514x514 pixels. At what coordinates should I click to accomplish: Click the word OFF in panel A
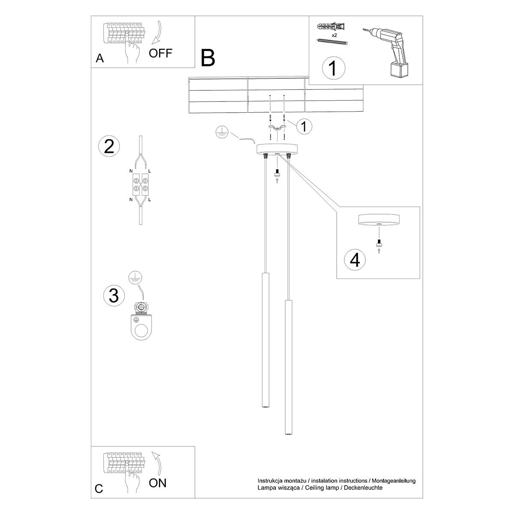pos(160,53)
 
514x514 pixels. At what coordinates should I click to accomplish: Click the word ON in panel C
pos(158,483)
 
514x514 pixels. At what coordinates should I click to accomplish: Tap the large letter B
pos(208,58)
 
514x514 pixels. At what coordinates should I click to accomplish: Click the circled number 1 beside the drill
pos(333,68)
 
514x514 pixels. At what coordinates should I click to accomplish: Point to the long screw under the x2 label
pos(332,41)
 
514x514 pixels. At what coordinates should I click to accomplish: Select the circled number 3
pos(114,296)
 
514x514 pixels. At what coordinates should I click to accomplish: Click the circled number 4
pos(355,260)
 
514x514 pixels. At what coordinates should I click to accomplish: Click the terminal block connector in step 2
pos(140,184)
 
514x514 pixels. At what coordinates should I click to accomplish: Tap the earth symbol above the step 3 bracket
pos(136,278)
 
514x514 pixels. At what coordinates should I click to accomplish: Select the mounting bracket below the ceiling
pos(278,127)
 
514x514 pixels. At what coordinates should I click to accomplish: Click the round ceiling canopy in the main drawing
pos(277,149)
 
